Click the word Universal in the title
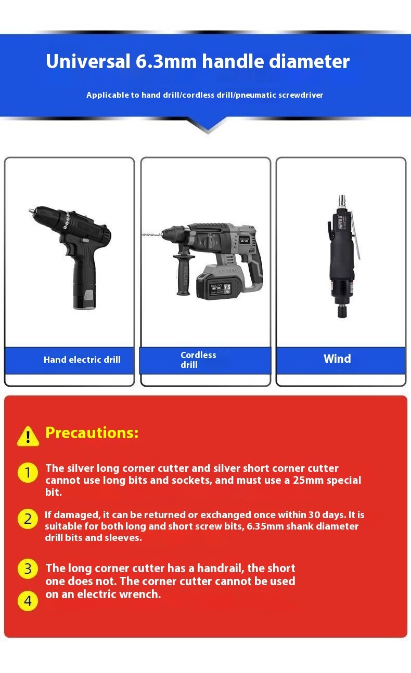[x=87, y=62]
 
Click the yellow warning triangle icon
[x=28, y=437]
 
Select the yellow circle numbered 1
[x=28, y=473]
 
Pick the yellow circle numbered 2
[x=28, y=519]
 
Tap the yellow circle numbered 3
[x=28, y=569]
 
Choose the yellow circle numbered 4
[x=28, y=601]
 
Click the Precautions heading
[x=92, y=432]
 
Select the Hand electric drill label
[x=82, y=360]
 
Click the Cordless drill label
[x=198, y=360]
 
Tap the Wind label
[x=337, y=359]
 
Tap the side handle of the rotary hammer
[x=183, y=275]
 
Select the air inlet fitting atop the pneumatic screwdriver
[x=342, y=201]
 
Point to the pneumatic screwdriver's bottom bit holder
[x=342, y=312]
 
